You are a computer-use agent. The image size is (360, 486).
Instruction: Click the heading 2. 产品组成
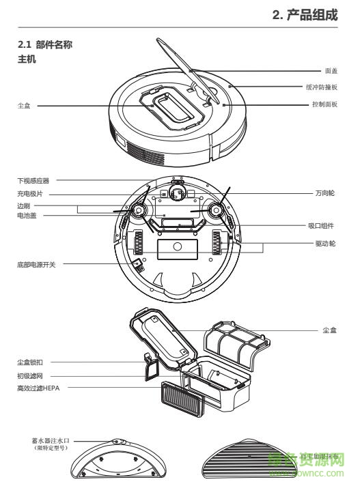[305, 14]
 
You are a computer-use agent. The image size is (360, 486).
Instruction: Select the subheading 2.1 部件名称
[44, 45]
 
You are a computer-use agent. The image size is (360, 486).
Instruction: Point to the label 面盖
[331, 70]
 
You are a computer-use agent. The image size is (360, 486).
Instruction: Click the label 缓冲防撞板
[321, 88]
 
